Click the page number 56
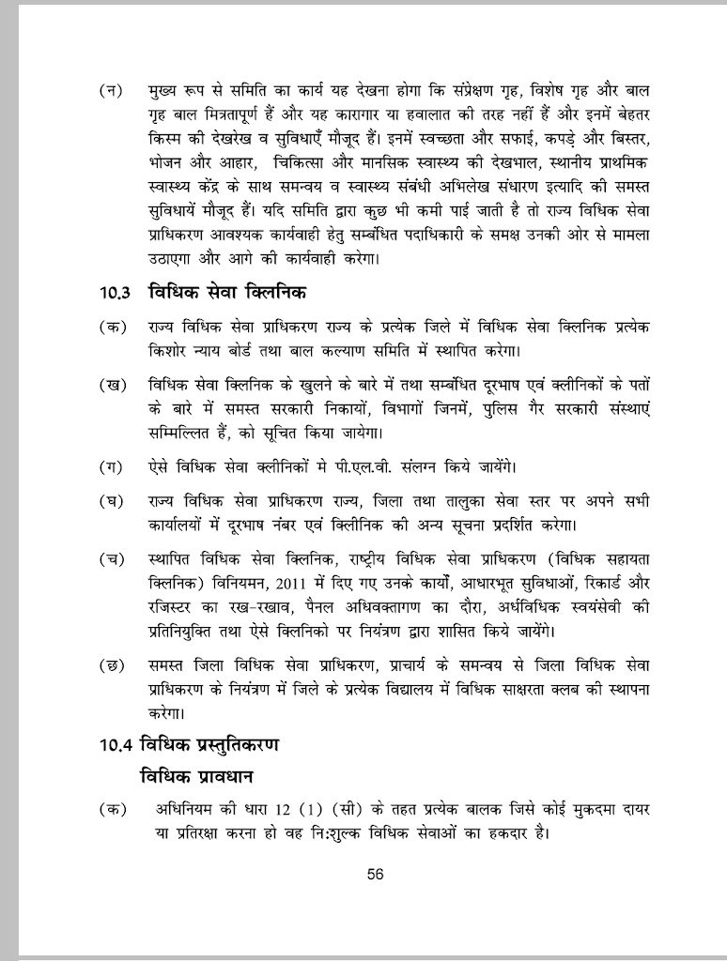tap(376, 874)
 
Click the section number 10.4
tap(116, 747)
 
